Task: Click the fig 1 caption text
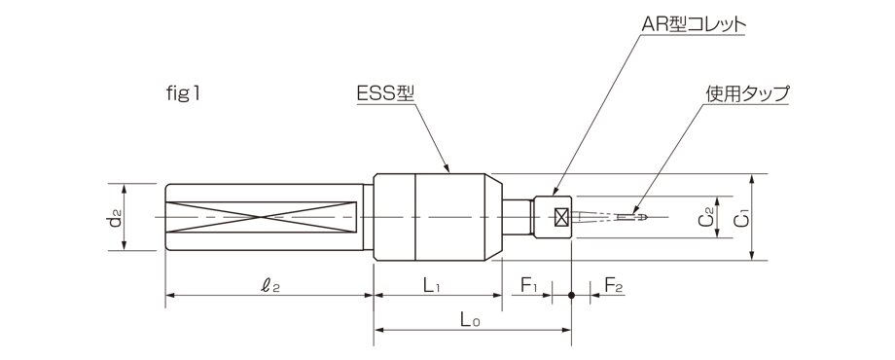point(184,94)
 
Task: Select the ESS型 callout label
point(386,94)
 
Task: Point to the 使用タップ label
point(746,94)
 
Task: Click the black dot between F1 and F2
point(572,295)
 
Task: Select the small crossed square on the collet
point(561,216)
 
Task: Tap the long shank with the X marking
point(263,216)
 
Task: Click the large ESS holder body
point(438,216)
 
